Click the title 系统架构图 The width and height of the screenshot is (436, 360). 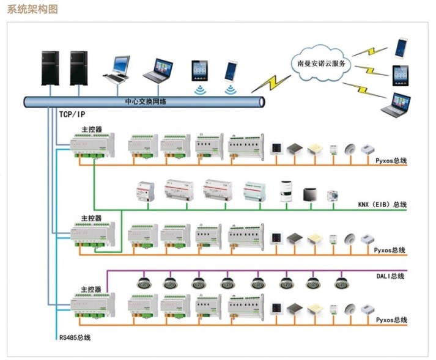(x=32, y=10)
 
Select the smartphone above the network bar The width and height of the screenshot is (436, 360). (x=231, y=71)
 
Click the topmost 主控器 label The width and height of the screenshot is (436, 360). (x=91, y=130)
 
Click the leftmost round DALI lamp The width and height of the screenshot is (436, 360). (x=143, y=283)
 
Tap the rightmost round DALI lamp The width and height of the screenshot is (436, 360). (x=341, y=283)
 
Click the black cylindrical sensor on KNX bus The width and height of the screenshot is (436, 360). (x=285, y=191)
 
